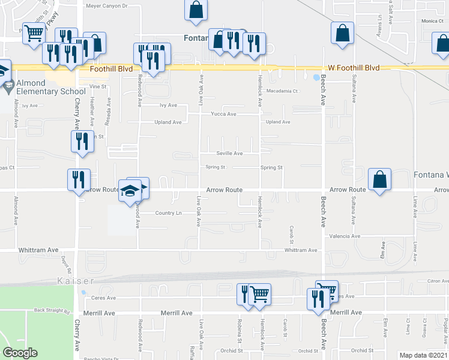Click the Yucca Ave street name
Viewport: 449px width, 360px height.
pos(223,114)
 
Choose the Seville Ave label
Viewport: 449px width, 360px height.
pos(229,154)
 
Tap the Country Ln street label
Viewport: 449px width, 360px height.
pos(168,213)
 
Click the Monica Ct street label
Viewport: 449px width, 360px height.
pos(431,21)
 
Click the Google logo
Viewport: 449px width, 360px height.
pos(20,352)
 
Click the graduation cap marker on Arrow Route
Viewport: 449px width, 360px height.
pos(130,191)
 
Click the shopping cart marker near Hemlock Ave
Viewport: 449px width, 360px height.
pos(259,294)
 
